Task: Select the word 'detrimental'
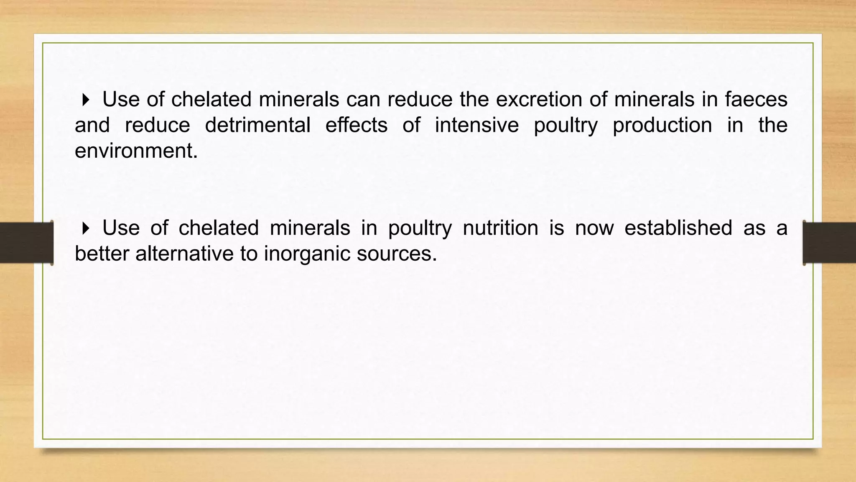[257, 125]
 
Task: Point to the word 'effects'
[356, 125]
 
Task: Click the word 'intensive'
[476, 125]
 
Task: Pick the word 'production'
[662, 125]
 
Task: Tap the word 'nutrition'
[500, 228]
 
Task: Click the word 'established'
[678, 228]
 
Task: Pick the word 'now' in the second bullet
[594, 228]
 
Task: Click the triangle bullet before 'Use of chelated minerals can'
[86, 100]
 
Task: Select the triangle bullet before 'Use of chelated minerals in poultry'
[86, 228]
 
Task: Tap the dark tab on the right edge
[829, 243]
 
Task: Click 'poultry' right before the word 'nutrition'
[420, 228]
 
